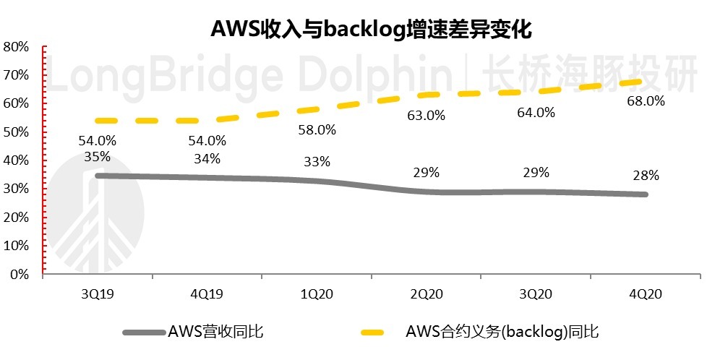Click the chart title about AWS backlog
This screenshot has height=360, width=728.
(x=371, y=29)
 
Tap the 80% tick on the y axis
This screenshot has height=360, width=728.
(x=16, y=47)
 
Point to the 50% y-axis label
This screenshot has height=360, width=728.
(x=16, y=132)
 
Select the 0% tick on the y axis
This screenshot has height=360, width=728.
(x=19, y=275)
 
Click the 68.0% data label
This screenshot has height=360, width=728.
(x=646, y=101)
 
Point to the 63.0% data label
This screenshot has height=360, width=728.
(x=427, y=115)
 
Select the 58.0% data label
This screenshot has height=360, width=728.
(x=317, y=130)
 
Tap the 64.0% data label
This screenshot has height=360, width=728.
(x=536, y=113)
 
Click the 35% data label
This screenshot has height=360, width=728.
(x=97, y=156)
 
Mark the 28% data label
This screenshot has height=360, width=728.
(x=645, y=175)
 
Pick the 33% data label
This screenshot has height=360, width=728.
(x=317, y=162)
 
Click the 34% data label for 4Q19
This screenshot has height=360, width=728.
(x=207, y=158)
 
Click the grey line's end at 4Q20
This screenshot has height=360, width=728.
(x=644, y=194)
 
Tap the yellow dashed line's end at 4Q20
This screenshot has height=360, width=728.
(x=640, y=81)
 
